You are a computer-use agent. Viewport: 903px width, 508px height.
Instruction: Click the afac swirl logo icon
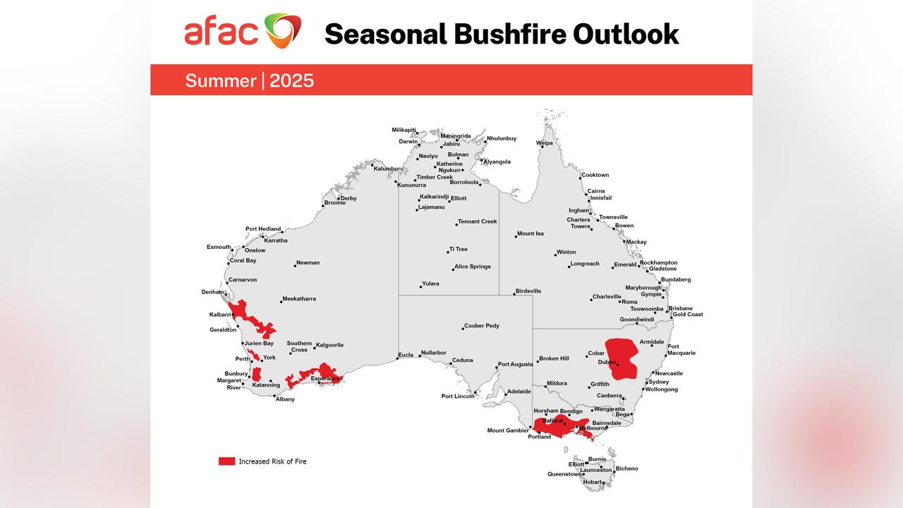(283, 31)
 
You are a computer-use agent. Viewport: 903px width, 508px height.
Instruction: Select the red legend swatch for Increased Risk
(226, 461)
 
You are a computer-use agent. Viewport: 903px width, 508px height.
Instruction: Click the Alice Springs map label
(473, 267)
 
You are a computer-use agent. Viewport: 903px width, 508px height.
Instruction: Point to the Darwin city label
(408, 141)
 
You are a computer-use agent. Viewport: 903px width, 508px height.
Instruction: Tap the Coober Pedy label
(482, 326)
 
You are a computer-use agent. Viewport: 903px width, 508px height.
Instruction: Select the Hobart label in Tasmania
(593, 482)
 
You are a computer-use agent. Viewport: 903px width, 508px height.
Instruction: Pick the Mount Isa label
(531, 234)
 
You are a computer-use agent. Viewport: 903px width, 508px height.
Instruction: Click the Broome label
(334, 203)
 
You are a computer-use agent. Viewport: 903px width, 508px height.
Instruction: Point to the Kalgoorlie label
(329, 345)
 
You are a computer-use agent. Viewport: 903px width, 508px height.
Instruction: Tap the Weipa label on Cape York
(545, 143)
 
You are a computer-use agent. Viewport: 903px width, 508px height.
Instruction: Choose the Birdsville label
(528, 291)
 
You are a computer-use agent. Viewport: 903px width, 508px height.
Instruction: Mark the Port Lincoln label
(458, 396)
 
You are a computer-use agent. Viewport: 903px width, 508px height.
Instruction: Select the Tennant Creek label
(478, 222)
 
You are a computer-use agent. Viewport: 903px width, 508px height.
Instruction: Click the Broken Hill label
(554, 358)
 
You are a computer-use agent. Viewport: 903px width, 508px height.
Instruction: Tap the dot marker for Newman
(295, 265)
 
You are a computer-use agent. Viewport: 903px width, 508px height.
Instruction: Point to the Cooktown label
(595, 175)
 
